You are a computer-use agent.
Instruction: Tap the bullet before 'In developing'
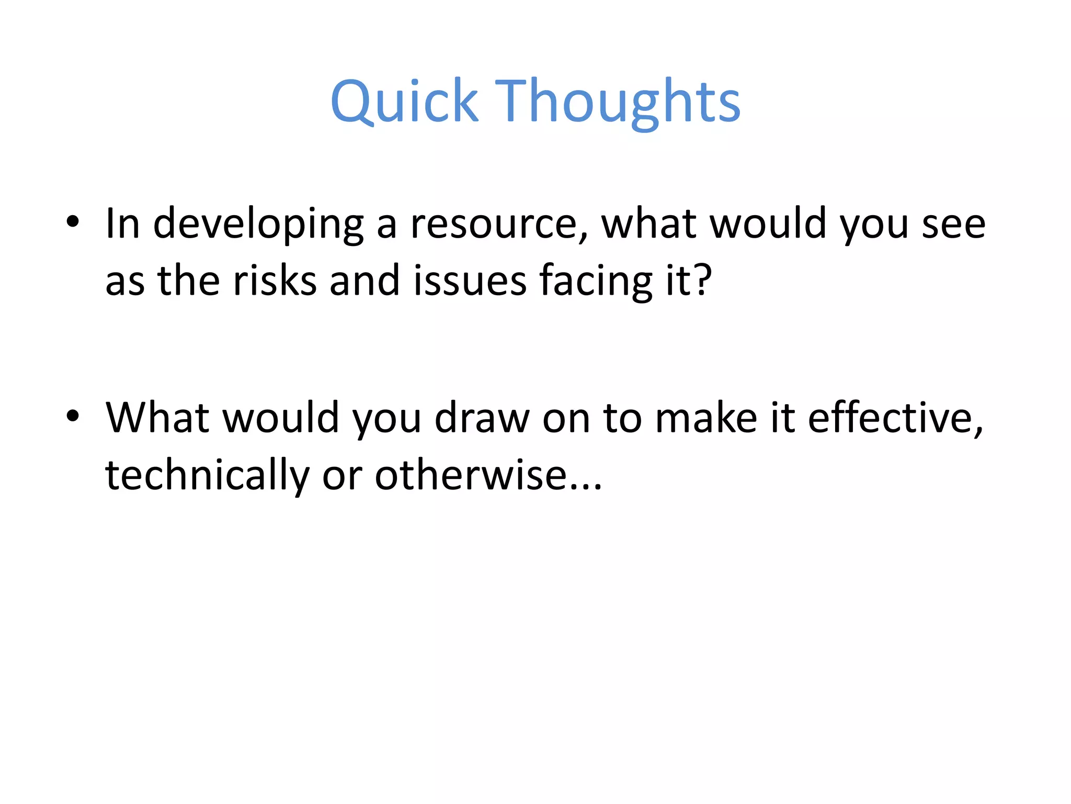[73, 222]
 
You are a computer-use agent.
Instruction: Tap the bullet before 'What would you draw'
[73, 416]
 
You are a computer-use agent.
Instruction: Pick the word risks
[275, 281]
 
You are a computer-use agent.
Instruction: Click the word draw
[482, 419]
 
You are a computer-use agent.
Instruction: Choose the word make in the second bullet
[705, 419]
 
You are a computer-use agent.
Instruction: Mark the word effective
[892, 419]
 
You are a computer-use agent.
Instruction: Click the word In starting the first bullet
[122, 224]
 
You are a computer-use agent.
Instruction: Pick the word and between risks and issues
[364, 281]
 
